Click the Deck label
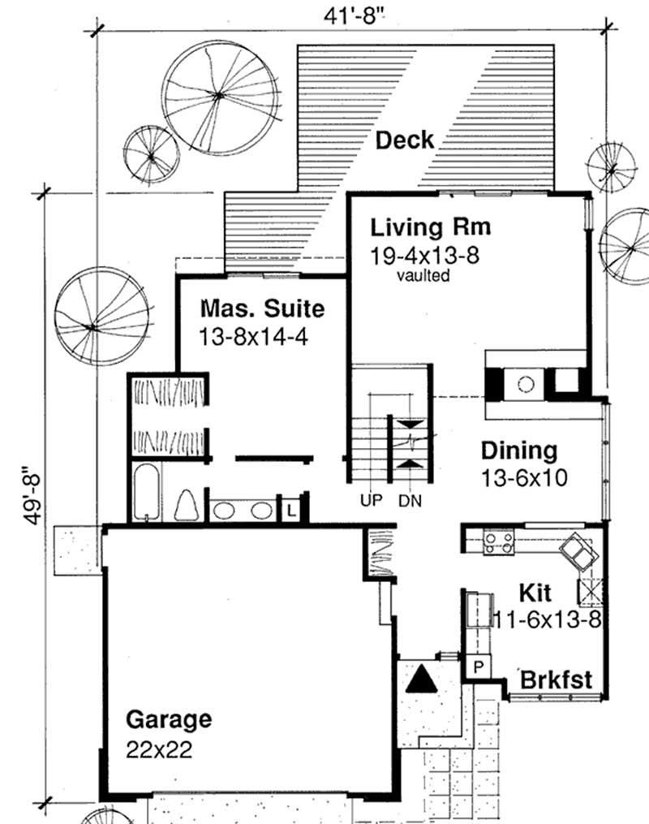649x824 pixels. tap(404, 140)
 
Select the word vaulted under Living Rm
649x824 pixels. tap(423, 276)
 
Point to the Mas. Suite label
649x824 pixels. tap(262, 309)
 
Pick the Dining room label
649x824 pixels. tap(519, 451)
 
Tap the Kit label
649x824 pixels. tap(535, 591)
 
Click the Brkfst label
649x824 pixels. tap(556, 679)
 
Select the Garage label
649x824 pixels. tap(169, 719)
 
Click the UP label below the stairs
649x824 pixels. tap(370, 501)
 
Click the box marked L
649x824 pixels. tap(290, 510)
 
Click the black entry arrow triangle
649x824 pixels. tap(421, 677)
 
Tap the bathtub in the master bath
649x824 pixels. tap(146, 493)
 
